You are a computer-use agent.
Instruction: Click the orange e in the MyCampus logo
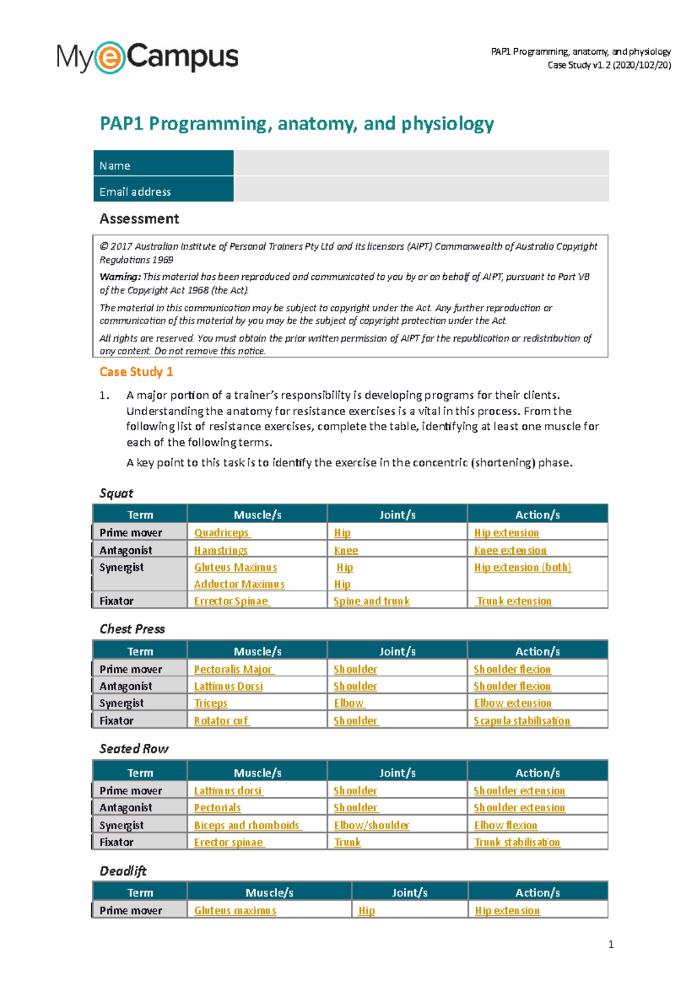click(x=110, y=57)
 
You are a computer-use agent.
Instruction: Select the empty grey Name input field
click(x=421, y=163)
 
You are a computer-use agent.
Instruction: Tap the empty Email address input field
click(x=421, y=189)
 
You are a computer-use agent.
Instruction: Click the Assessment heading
click(x=139, y=219)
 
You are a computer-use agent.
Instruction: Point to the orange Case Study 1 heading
click(x=136, y=372)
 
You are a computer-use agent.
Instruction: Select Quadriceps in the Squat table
click(x=221, y=532)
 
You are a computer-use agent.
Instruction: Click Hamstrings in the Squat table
click(x=221, y=550)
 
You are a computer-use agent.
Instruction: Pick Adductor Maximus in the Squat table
click(x=239, y=584)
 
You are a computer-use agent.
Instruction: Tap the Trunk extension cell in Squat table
click(x=513, y=601)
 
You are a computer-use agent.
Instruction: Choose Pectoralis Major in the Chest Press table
click(x=233, y=669)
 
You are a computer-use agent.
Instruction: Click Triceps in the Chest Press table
click(x=210, y=703)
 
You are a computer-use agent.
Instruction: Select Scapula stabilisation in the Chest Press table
click(x=522, y=721)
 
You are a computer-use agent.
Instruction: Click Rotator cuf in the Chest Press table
click(x=221, y=721)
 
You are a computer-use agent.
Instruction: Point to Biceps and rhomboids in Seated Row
click(x=247, y=825)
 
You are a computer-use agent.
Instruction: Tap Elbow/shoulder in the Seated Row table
click(x=371, y=825)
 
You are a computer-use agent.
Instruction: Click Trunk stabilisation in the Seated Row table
click(x=517, y=842)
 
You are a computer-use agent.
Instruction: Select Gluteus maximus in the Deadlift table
click(x=235, y=911)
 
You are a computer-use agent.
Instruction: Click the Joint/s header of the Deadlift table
click(x=409, y=893)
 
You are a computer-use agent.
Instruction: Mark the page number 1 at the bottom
click(x=610, y=944)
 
